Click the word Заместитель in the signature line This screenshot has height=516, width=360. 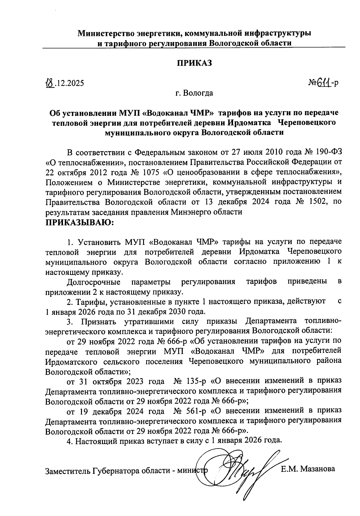67,471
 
